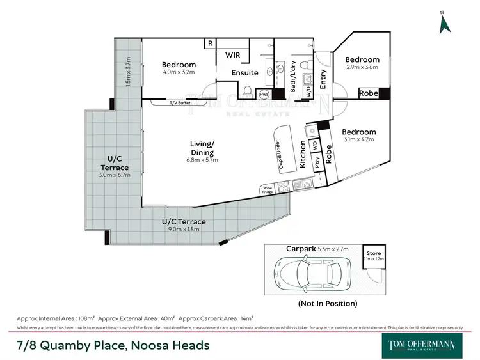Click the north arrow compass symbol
444,23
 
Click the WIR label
232,55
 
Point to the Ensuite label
244,73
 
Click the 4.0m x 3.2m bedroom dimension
179,73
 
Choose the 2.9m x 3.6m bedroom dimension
363,67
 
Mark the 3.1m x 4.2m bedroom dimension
358,139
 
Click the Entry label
323,79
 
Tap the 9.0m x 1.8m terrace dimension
184,229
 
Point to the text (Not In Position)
328,303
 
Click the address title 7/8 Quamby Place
113,345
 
